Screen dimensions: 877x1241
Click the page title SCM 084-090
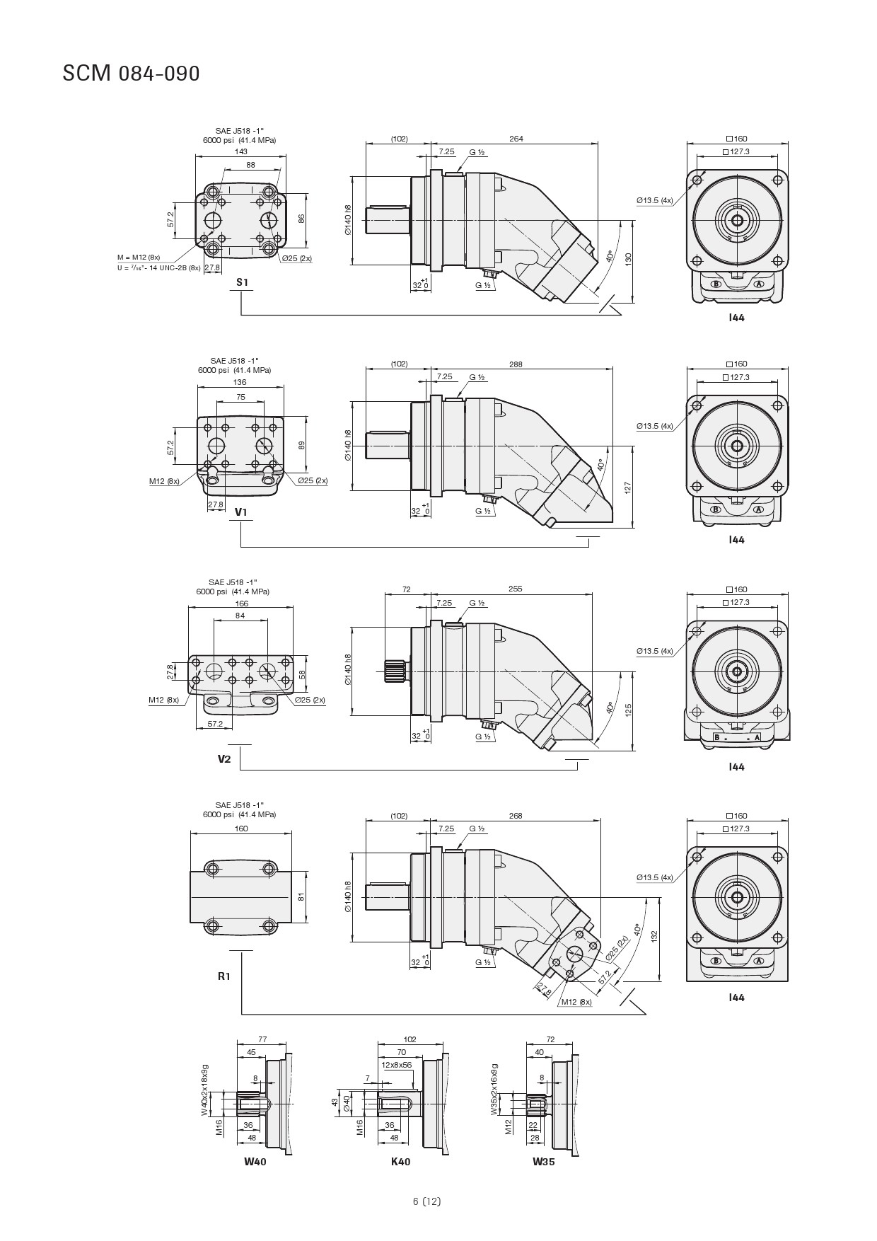(131, 74)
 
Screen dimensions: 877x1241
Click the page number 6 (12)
(427, 1201)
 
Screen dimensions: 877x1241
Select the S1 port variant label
(243, 282)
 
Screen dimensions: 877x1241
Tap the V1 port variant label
(241, 512)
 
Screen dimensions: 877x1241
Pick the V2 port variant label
(224, 759)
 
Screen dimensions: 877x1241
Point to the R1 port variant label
(224, 976)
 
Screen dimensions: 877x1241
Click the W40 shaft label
(255, 1161)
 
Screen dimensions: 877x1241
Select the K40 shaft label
(400, 1161)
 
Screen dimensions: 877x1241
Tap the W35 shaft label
(544, 1161)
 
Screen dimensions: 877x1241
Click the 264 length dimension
(516, 139)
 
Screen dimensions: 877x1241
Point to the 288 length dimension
(516, 364)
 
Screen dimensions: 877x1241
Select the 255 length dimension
(515, 589)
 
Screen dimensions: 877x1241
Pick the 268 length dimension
(516, 816)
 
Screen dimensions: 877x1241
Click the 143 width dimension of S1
(241, 151)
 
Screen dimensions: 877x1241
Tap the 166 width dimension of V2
(241, 604)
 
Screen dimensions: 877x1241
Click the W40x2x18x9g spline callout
(205, 1090)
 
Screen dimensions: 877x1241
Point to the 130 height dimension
(628, 259)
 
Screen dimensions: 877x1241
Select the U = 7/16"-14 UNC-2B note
(159, 267)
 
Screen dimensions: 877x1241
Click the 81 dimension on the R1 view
(301, 896)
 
